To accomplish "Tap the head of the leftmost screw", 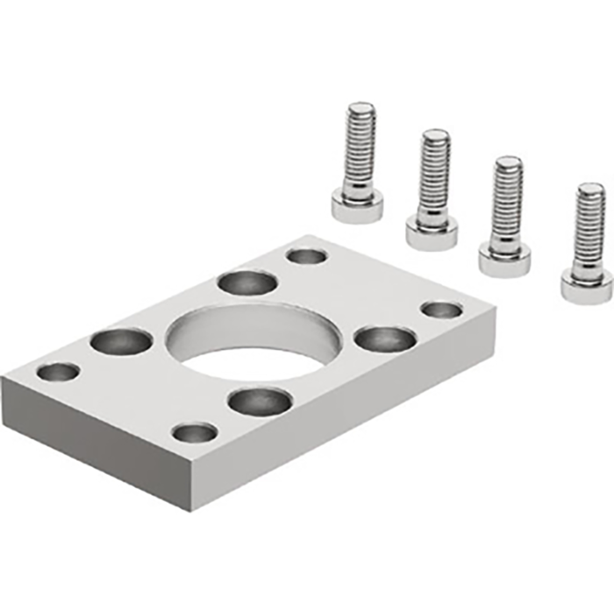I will pos(357,207).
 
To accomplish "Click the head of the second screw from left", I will pos(431,232).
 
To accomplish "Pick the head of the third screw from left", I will pos(503,258).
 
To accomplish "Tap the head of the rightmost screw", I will pos(586,286).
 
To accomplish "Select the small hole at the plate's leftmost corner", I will pos(58,372).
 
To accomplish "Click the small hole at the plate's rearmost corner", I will pos(307,256).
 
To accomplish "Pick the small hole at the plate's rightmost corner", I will pos(441,310).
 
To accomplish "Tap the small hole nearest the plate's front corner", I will pos(195,432).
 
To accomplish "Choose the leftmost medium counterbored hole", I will pos(121,340).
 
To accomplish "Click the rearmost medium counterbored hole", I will pos(247,282).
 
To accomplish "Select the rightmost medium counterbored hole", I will pos(385,338).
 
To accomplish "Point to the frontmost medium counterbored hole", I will pos(260,402).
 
